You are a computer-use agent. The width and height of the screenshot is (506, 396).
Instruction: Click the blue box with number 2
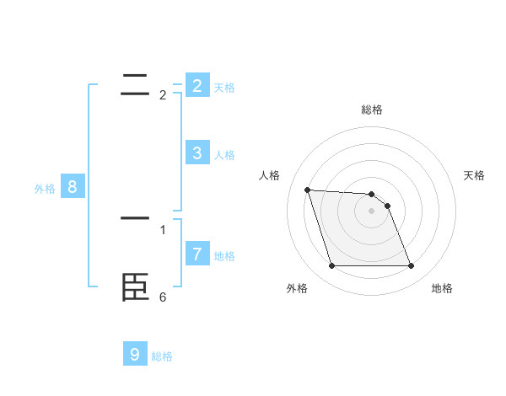coord(196,86)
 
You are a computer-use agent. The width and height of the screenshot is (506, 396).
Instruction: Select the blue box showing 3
coord(196,153)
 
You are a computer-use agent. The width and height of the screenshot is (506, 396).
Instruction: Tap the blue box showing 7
coord(196,254)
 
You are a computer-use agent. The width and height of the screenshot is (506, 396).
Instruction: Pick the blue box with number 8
coord(73,187)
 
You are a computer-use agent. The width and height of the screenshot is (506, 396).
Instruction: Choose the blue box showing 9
coord(135,355)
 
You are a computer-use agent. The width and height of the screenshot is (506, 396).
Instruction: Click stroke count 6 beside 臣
coord(163,297)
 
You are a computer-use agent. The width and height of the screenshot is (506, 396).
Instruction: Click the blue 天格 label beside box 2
coord(224,88)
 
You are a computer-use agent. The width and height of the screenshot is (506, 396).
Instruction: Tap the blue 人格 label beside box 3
coord(224,155)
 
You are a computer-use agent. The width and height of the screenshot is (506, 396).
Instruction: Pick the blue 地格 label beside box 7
coord(224,256)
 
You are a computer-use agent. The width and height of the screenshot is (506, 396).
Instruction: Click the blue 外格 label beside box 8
coord(45,189)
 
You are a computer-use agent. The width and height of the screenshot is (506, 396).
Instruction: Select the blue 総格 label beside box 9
coord(162,356)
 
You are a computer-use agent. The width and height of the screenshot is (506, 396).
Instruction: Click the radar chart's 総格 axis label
coord(372,110)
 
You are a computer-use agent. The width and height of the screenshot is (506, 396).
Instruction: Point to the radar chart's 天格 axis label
coord(474,175)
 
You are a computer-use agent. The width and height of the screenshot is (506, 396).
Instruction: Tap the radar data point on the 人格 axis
coord(307,190)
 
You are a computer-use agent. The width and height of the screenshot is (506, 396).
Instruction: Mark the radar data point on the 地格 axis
coord(411,266)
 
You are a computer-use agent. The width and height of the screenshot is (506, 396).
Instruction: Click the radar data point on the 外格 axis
coord(331,266)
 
